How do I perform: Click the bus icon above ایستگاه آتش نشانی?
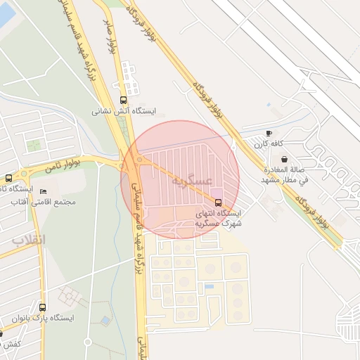pyautogui.click(x=124, y=100)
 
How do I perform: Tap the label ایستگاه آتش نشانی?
pyautogui.click(x=124, y=110)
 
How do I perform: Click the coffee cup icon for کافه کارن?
pyautogui.click(x=269, y=134)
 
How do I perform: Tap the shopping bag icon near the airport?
pyautogui.click(x=283, y=160)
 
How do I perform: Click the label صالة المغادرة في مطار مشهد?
pyautogui.click(x=284, y=175)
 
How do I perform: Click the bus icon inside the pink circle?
pyautogui.click(x=217, y=202)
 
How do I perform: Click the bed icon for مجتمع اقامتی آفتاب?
pyautogui.click(x=44, y=191)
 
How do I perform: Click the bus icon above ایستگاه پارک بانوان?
pyautogui.click(x=43, y=307)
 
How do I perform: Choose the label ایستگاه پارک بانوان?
pyautogui.click(x=46, y=318)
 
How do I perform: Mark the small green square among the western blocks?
pyautogui.click(x=33, y=146)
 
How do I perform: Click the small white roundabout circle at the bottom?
pyautogui.click(x=88, y=342)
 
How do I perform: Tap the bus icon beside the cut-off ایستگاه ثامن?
pyautogui.click(x=8, y=178)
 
